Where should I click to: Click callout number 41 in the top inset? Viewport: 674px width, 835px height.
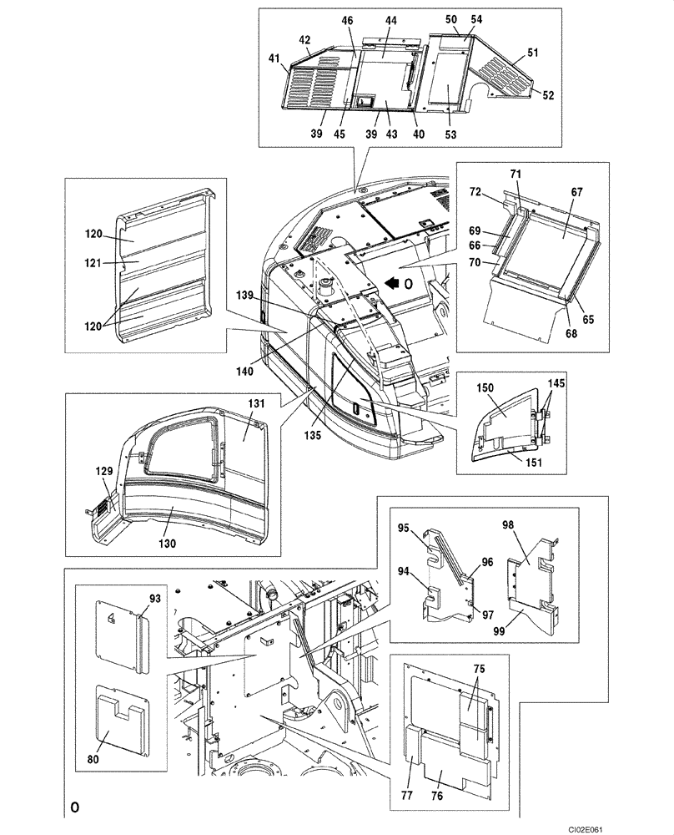(x=274, y=59)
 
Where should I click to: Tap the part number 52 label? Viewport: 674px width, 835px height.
(x=548, y=95)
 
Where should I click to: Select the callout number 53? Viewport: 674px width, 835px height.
(x=450, y=135)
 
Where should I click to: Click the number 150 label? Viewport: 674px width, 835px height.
(x=485, y=390)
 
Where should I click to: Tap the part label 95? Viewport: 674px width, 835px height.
(x=403, y=528)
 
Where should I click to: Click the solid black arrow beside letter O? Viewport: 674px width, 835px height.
(x=391, y=284)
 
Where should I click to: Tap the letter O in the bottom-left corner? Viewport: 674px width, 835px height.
(x=74, y=807)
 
